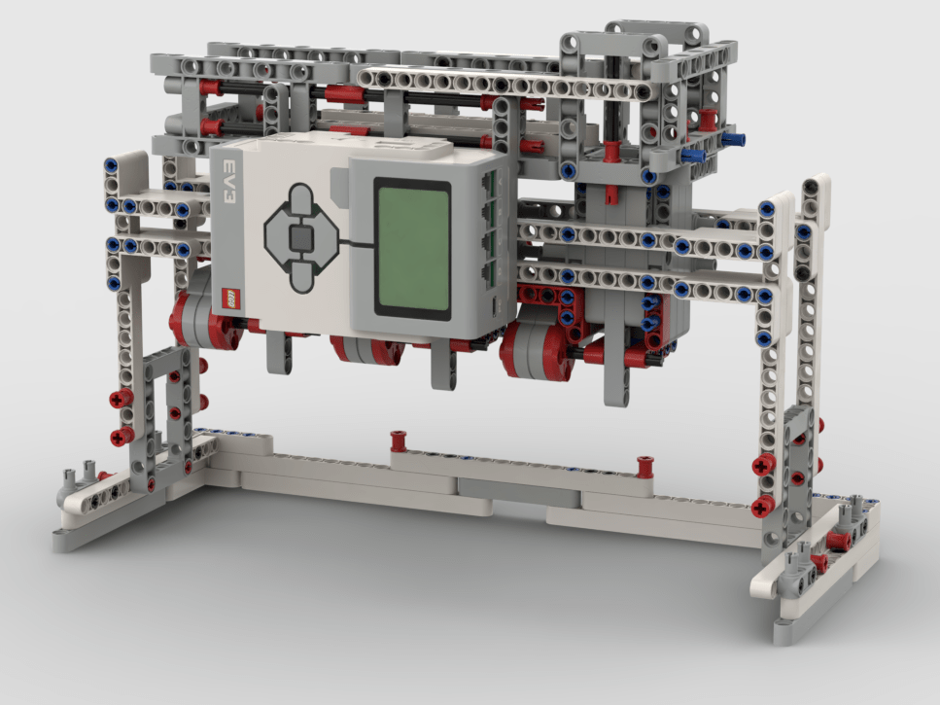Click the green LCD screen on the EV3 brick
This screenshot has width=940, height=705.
pos(412,248)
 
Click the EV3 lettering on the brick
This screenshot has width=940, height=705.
pos(229,181)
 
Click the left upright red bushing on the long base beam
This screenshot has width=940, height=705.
pos(398,441)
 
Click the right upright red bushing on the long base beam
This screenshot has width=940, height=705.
pos(645,467)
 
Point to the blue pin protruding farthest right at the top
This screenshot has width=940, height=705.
pos(733,140)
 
